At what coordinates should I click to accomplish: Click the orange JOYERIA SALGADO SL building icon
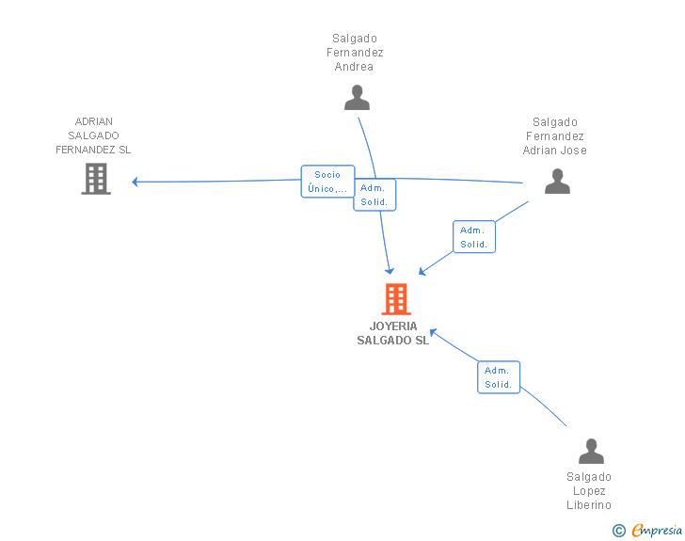coord(396,299)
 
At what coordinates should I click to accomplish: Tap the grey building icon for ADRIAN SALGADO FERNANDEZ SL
coord(96,179)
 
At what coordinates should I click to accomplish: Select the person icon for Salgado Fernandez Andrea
coord(357,98)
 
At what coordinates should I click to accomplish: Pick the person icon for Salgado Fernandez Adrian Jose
coord(557,181)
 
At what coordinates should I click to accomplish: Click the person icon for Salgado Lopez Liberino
coord(591,451)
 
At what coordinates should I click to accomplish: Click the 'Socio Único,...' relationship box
coord(327,182)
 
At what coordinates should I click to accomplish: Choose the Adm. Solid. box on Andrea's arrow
coord(374,195)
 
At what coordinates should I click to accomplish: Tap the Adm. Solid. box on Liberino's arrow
coord(499,377)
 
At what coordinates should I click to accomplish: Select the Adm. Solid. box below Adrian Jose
coord(474,237)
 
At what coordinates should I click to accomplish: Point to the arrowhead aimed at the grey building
coord(135,182)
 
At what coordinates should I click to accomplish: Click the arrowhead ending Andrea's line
coord(390,271)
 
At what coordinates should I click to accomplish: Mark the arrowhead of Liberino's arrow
coord(434,332)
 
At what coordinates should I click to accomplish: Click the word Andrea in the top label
coord(354,67)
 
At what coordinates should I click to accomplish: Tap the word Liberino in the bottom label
coord(589,505)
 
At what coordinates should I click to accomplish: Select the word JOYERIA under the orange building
coord(393,326)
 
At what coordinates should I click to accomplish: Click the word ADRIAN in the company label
coord(94,121)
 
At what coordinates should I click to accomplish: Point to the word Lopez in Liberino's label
coord(589,491)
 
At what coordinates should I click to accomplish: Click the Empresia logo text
coord(657,531)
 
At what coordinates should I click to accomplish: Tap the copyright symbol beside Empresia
coord(618,531)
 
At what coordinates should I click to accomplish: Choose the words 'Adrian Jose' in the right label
coord(555,151)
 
